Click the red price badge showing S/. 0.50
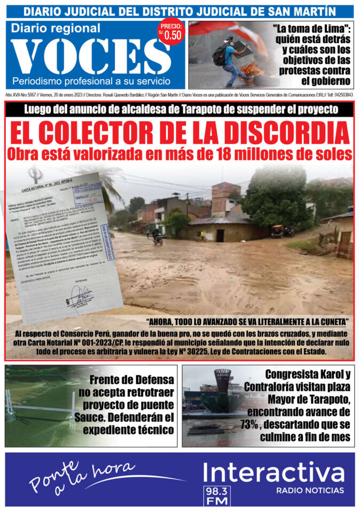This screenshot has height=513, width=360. click(x=171, y=32)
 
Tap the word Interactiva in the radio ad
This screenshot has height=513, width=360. click(x=274, y=473)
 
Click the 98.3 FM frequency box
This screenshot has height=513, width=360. click(x=216, y=496)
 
